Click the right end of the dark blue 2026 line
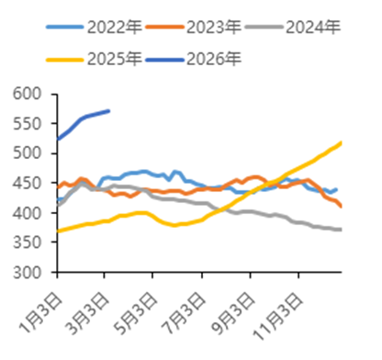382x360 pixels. [x=109, y=110]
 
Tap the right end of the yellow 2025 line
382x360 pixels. [x=342, y=142]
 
